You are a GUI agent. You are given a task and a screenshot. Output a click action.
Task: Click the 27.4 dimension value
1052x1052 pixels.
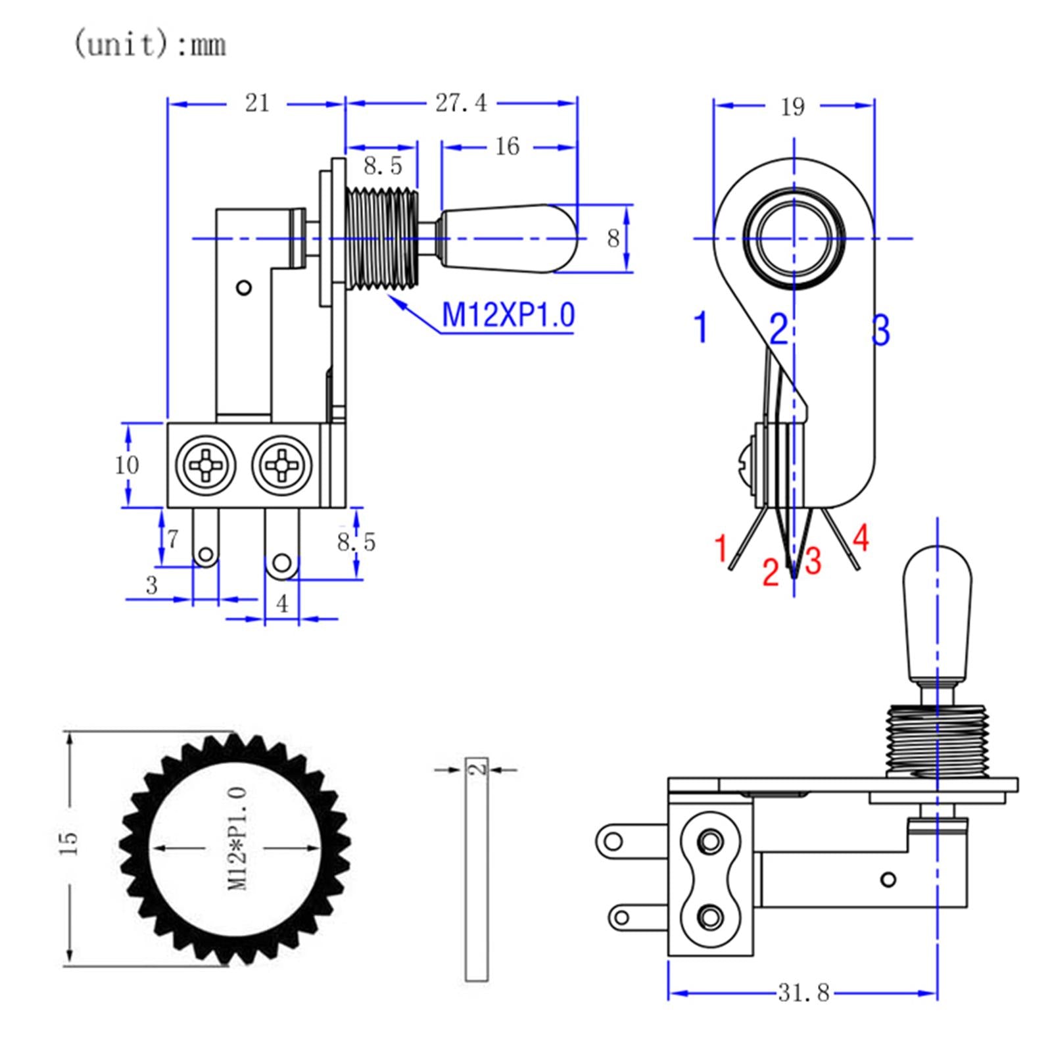[x=461, y=103]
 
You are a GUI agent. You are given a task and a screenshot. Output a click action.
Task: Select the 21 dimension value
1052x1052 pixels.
[x=257, y=103]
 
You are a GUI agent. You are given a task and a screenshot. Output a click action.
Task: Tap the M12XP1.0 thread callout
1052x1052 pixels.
[x=508, y=314]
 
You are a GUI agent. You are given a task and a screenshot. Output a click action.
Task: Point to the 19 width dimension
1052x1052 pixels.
[x=792, y=107]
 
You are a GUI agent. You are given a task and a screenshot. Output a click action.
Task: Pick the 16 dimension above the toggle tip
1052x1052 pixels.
[x=507, y=147]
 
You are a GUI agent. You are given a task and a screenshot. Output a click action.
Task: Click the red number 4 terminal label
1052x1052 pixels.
[x=861, y=538]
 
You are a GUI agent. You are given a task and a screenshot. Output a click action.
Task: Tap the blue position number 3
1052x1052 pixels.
[x=880, y=330]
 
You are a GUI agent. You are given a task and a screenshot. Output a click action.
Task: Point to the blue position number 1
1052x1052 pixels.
[x=702, y=327]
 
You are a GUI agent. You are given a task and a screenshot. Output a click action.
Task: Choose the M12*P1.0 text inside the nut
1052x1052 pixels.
[x=238, y=839]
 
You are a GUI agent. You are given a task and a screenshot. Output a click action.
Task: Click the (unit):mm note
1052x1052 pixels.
[x=149, y=44]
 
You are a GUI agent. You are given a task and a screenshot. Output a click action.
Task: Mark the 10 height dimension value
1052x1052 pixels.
[x=126, y=465]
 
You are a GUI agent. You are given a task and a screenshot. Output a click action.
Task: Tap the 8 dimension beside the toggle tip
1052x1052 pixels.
[x=613, y=238]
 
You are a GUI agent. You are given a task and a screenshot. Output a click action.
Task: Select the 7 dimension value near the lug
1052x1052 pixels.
[x=172, y=539]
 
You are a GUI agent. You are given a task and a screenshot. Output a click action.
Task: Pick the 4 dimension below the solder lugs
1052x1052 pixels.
[x=282, y=603]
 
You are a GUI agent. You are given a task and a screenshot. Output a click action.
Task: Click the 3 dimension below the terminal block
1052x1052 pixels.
[x=152, y=585]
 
